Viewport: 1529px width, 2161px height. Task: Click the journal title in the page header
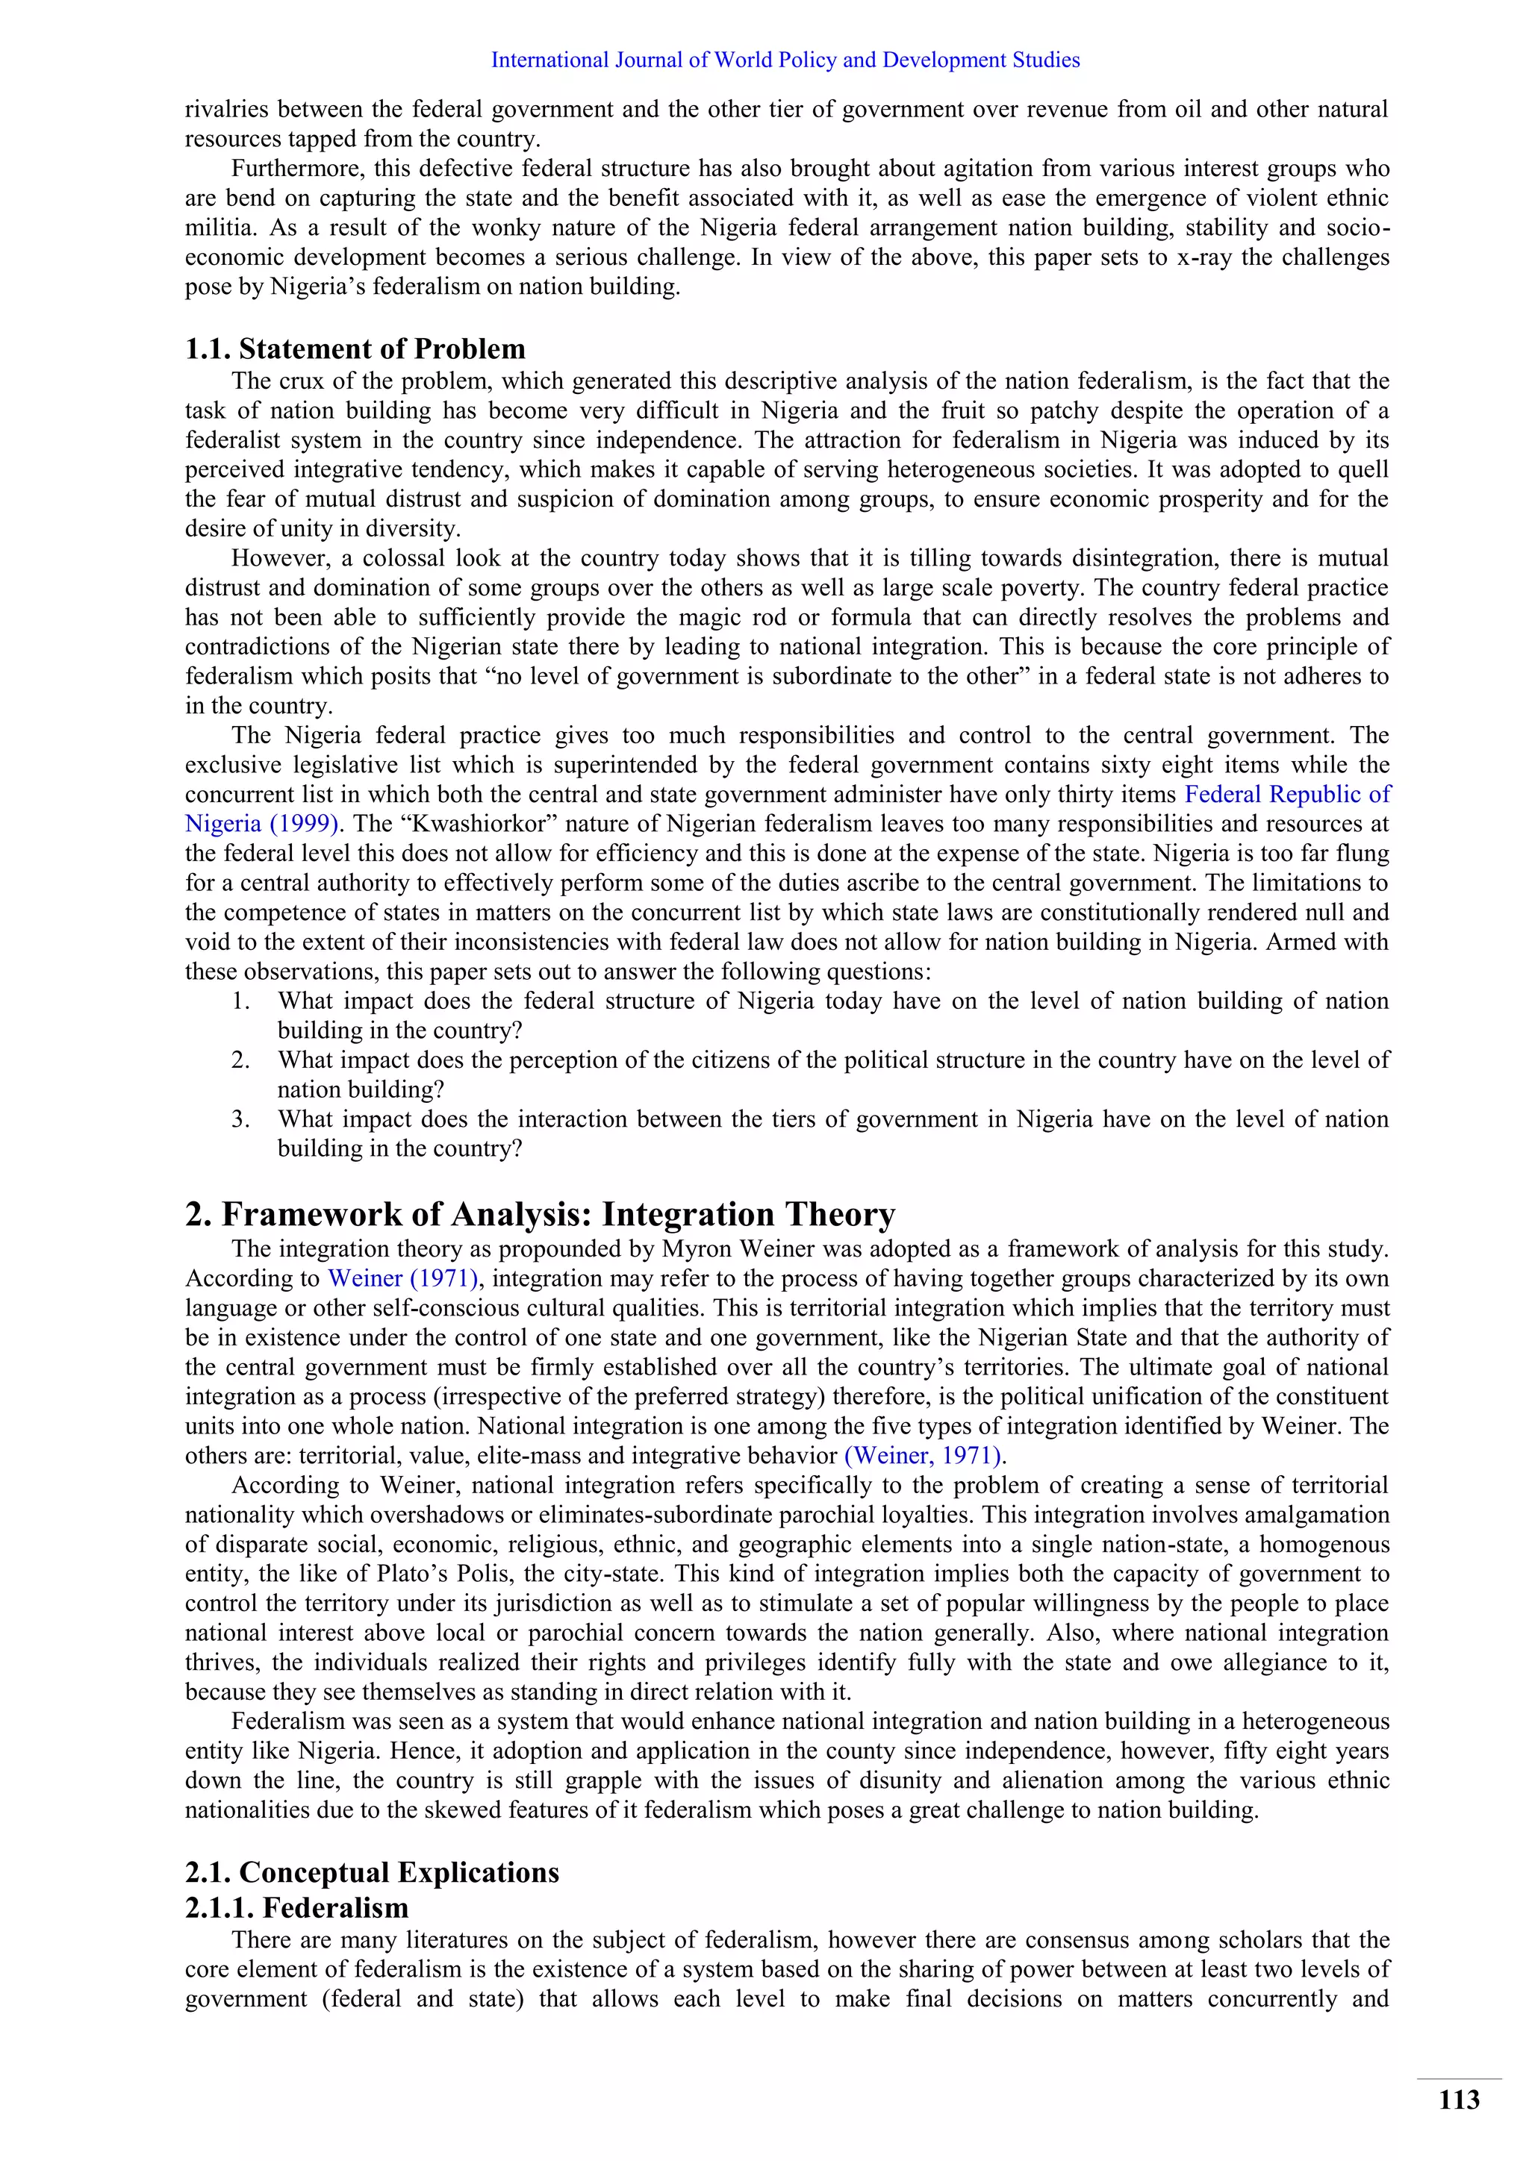(x=785, y=60)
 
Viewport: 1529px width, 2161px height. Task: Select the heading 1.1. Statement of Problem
(x=355, y=349)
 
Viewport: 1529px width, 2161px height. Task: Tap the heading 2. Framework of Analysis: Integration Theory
(x=540, y=1214)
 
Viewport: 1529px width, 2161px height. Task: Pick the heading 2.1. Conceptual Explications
(x=372, y=1872)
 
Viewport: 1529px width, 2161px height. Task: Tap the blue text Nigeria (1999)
(x=262, y=824)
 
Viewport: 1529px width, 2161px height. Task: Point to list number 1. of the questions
(x=241, y=1001)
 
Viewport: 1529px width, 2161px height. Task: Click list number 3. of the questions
(x=241, y=1119)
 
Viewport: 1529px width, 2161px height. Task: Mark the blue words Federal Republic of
(x=1286, y=795)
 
